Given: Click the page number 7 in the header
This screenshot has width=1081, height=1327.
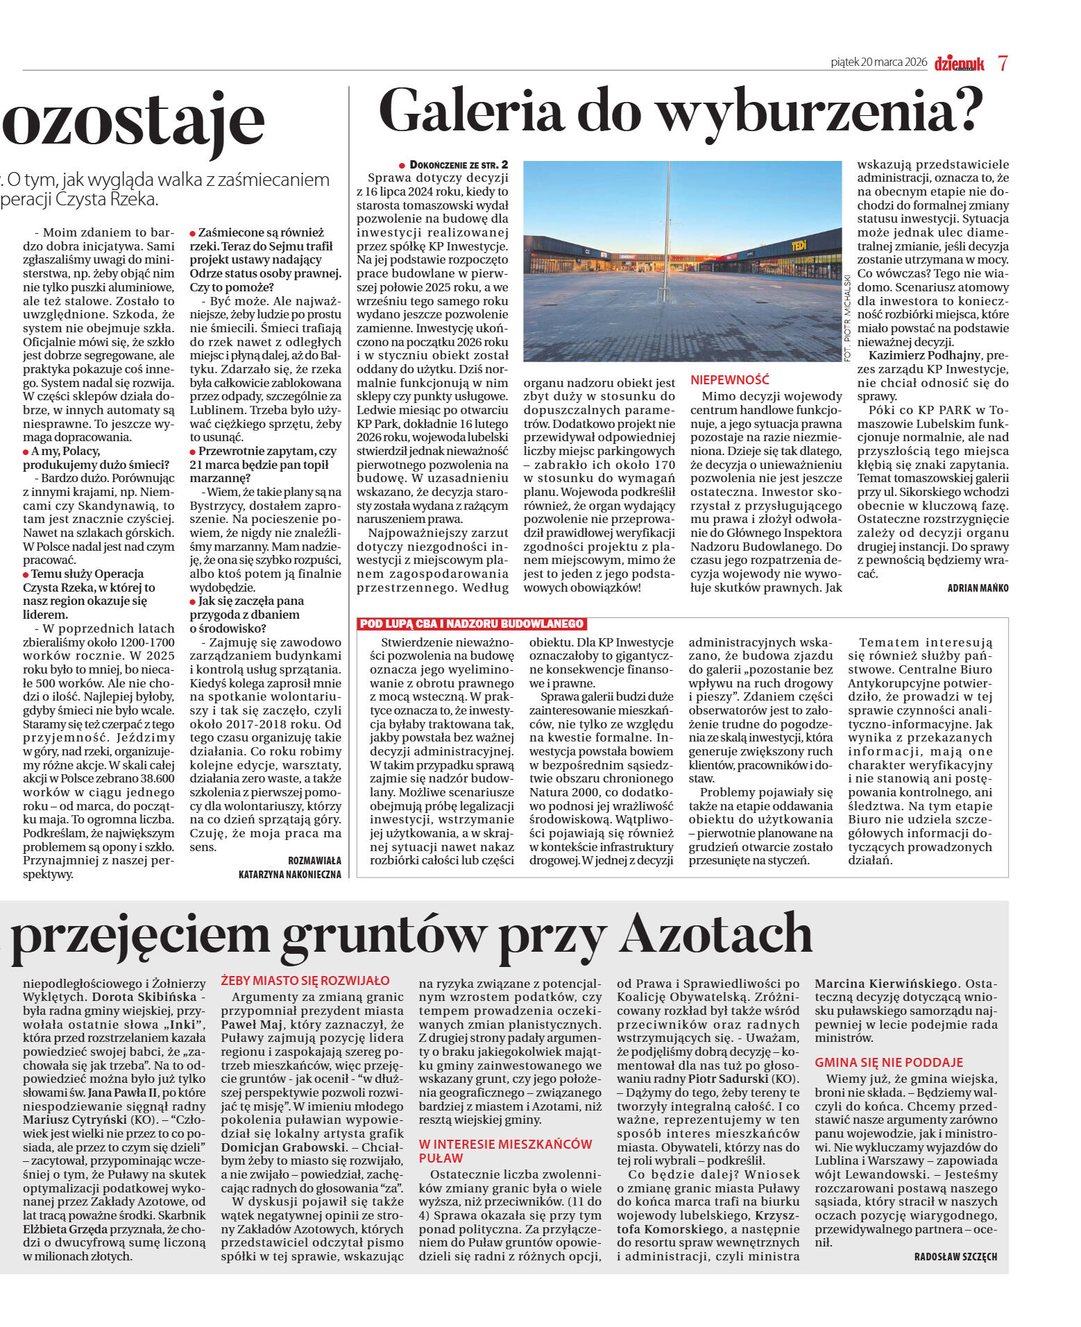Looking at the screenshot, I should tap(1002, 63).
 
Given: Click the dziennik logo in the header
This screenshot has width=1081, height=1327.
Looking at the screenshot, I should tap(959, 63).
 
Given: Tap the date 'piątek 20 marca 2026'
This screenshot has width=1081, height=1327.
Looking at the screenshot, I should tap(878, 62).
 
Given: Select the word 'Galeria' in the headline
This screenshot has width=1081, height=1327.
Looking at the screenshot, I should tap(471, 112).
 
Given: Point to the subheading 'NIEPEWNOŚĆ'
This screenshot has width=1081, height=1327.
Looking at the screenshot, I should tap(730, 380).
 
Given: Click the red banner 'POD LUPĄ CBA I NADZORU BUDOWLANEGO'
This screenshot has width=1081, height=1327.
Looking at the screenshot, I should tap(472, 624).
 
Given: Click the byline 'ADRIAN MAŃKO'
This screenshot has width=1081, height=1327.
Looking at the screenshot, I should tap(978, 588).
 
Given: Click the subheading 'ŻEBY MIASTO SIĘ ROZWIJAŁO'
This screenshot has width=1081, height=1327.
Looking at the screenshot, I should tap(305, 981).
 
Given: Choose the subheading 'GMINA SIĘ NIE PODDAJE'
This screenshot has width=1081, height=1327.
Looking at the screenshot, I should tap(889, 1062).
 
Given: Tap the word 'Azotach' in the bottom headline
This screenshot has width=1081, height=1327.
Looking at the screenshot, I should tap(715, 934).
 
